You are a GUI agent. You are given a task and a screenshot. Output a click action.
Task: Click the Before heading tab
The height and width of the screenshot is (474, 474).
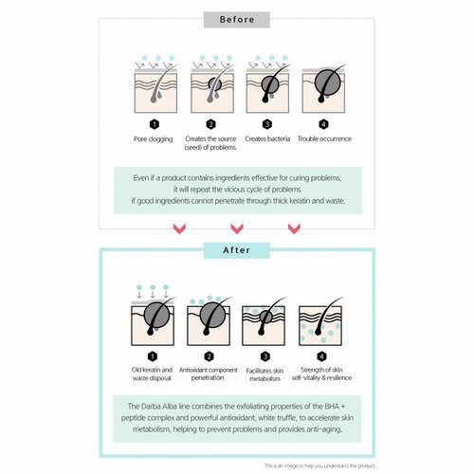pos(237,19)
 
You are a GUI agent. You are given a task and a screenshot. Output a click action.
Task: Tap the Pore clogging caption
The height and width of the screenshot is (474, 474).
pos(154,138)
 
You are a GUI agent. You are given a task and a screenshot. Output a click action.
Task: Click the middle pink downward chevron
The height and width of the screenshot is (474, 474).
pos(237,228)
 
